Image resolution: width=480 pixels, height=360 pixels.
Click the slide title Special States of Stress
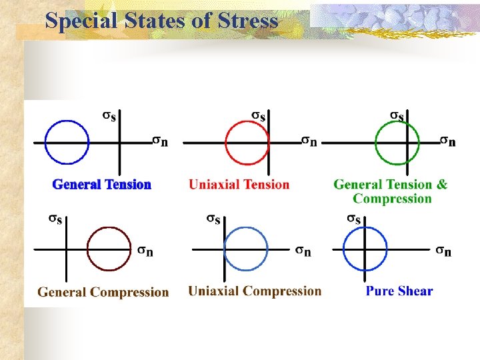[161, 21]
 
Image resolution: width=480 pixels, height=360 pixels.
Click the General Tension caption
[102, 185]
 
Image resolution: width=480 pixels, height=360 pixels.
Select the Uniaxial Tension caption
[239, 185]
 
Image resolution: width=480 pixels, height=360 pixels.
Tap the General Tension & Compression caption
[391, 191]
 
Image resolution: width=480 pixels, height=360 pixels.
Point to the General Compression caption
[103, 292]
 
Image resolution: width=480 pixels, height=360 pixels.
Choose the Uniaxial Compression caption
[255, 291]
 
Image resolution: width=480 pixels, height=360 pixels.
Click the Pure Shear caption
[399, 291]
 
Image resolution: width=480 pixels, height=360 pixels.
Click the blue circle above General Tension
[66, 121]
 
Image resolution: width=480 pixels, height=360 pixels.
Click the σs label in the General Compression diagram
[55, 219]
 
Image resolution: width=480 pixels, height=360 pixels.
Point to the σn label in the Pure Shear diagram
[443, 251]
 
